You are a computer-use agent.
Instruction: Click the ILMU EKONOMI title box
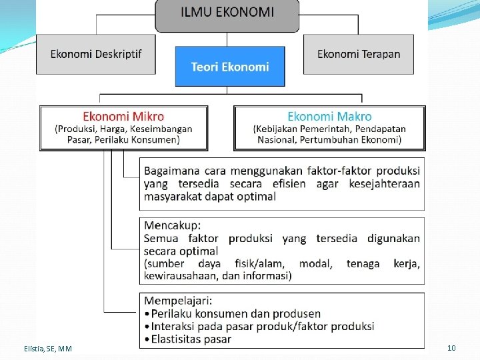coord(227,12)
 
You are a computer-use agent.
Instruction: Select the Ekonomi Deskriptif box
coord(97,54)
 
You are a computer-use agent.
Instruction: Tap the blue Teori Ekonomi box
coord(230,67)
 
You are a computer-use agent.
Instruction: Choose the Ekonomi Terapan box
coord(359,54)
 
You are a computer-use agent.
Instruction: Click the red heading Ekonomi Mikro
coord(123,117)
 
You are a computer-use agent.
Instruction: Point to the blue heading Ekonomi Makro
coord(329,117)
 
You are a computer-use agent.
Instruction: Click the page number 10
coord(451,348)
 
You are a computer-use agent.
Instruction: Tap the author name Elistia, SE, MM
coord(46,349)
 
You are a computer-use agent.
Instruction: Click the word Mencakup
coord(172,225)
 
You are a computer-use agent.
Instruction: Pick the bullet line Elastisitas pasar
coord(191,339)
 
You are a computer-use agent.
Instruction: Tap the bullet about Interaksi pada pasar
coord(263,326)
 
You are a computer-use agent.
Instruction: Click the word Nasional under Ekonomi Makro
coord(277,140)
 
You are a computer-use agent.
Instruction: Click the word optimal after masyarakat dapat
coord(255,196)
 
